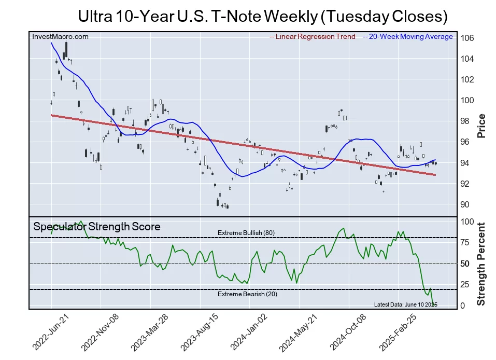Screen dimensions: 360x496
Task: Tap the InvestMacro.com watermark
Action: pyautogui.click(x=60, y=36)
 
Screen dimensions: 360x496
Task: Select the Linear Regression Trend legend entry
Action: pyautogui.click(x=313, y=36)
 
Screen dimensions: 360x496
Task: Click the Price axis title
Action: pyautogui.click(x=481, y=126)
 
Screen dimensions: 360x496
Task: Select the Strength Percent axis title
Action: pyautogui.click(x=481, y=264)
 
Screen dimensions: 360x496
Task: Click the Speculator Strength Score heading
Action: pyautogui.click(x=97, y=227)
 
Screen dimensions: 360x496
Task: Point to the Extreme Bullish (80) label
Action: pyautogui.click(x=246, y=233)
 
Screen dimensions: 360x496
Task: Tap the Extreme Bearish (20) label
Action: pyautogui.click(x=246, y=294)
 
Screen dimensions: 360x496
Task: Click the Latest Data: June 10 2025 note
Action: pyautogui.click(x=405, y=304)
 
